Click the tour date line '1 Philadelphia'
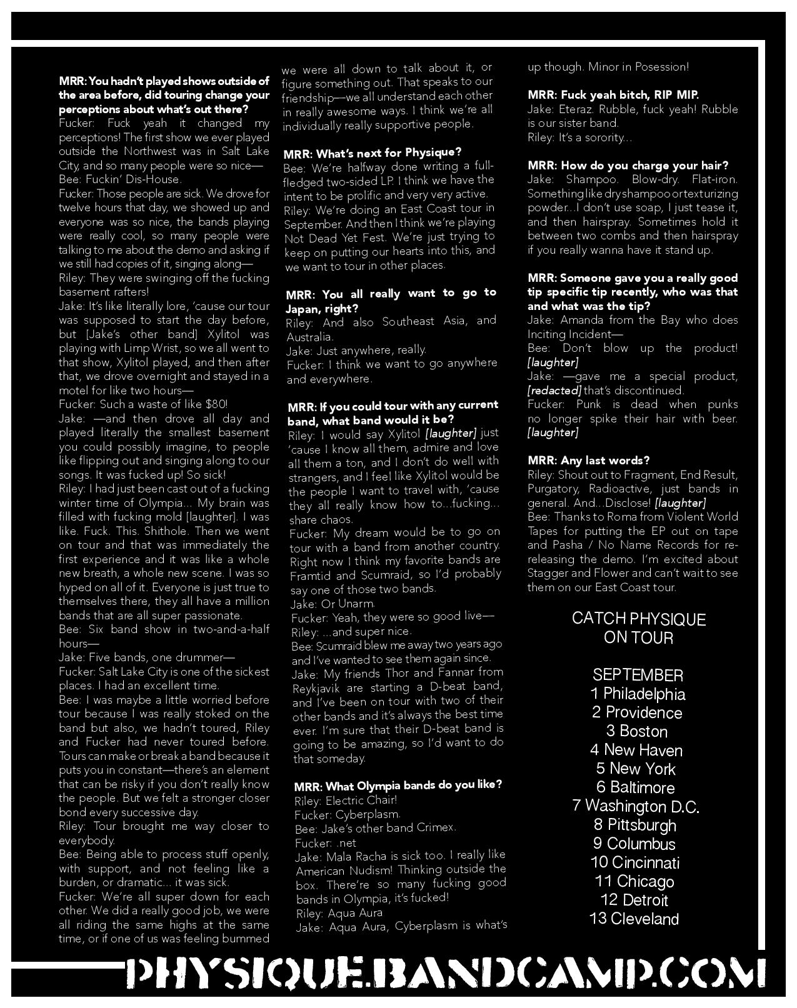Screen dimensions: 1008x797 638,694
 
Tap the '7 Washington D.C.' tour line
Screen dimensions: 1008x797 636,807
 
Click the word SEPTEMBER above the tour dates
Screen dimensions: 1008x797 638,676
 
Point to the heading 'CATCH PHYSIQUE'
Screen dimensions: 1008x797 638,619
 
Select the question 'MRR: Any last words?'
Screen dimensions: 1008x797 588,461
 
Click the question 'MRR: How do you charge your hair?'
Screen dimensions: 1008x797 628,166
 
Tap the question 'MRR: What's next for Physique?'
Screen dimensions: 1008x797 373,152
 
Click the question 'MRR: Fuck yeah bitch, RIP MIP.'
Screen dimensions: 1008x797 613,95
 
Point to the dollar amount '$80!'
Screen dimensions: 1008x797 216,404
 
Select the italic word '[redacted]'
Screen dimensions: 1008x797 554,391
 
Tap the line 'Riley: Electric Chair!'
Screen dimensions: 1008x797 346,800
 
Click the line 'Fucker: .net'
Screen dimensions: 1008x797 326,842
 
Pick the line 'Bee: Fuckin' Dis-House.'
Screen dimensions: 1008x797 120,179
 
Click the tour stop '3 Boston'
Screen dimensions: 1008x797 636,732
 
